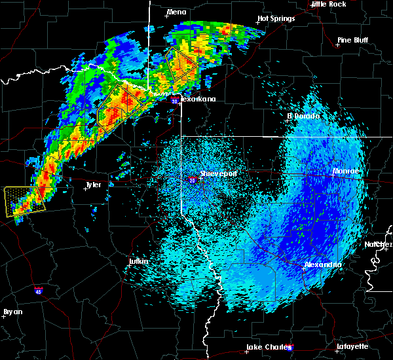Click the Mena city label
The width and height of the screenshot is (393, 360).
(176, 12)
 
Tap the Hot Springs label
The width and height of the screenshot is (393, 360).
(276, 18)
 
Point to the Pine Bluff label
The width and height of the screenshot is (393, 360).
(352, 40)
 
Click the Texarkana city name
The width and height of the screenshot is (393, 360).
(198, 99)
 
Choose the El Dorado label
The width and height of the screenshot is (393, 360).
(303, 116)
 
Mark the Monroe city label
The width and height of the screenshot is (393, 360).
(346, 171)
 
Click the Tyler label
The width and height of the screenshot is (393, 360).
(94, 185)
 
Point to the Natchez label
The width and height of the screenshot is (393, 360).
(379, 244)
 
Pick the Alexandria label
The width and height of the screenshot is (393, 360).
(323, 264)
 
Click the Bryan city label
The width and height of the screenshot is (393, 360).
(13, 312)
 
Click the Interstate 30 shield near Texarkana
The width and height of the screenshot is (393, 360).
(174, 101)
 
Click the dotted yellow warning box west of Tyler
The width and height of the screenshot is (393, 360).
(23, 201)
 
